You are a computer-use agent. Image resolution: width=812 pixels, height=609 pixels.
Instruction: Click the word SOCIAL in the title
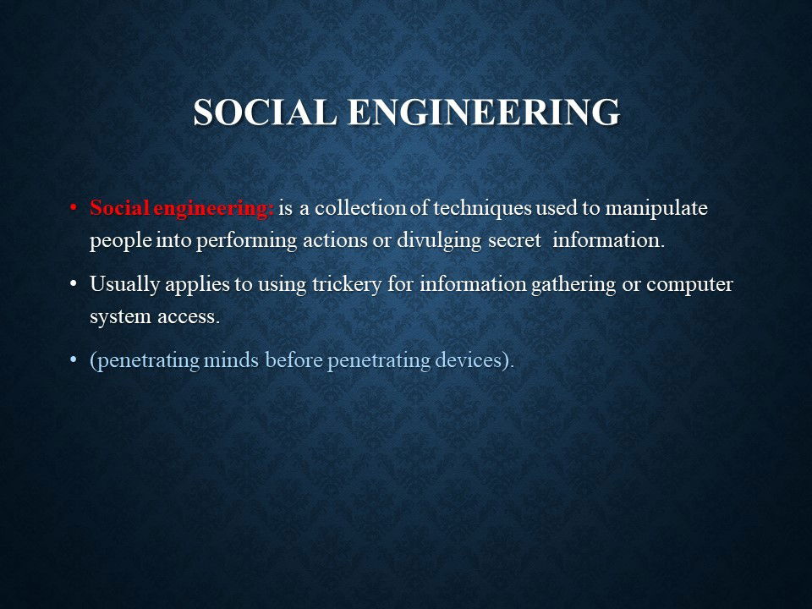(265, 112)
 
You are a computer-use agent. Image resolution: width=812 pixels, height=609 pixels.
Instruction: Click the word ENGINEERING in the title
(484, 112)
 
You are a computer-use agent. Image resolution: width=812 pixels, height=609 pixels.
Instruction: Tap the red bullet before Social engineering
(73, 208)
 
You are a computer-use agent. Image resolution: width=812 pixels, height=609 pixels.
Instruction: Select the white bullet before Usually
(73, 284)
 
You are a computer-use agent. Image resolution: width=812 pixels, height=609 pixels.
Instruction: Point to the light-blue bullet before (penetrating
(73, 359)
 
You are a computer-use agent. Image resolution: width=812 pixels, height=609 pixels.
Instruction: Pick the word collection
(360, 208)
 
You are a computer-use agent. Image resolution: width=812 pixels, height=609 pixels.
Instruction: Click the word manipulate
(656, 209)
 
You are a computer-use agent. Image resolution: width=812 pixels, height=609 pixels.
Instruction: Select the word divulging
(439, 241)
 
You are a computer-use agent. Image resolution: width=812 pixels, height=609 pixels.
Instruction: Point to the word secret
(515, 241)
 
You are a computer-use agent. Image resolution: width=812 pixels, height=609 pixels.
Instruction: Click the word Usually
(124, 285)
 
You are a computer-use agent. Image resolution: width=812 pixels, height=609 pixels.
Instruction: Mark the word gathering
(573, 285)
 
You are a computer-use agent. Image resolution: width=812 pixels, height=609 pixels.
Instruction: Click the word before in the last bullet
(294, 359)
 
